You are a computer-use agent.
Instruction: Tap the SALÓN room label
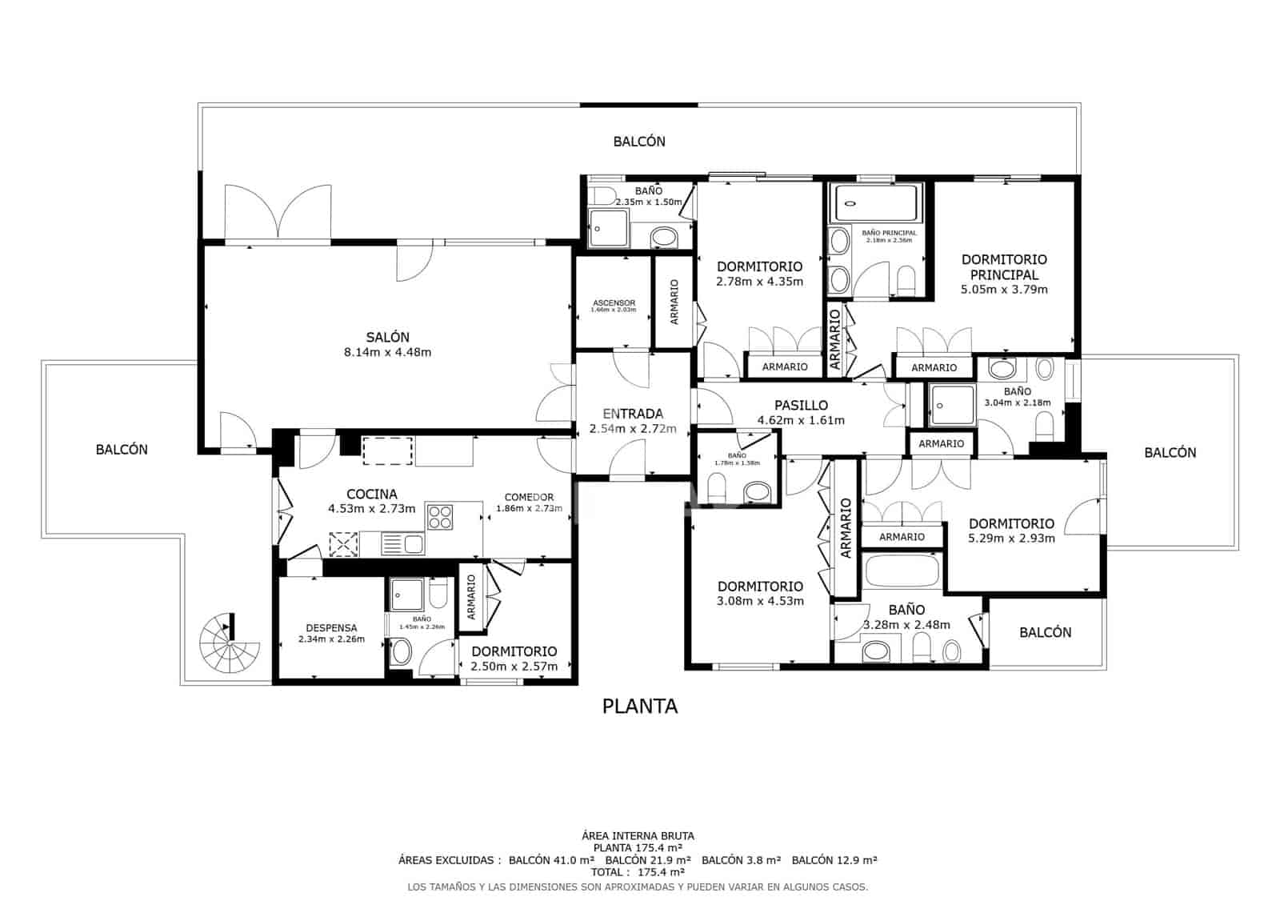[387, 338]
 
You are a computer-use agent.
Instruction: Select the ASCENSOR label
[614, 303]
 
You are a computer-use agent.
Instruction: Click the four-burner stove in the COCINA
[440, 517]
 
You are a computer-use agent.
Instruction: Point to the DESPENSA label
[331, 628]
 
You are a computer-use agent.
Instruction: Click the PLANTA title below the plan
[639, 706]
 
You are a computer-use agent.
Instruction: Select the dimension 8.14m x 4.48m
[387, 352]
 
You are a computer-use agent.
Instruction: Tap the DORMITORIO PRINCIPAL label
[1004, 266]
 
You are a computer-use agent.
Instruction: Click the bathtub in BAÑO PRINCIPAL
[878, 202]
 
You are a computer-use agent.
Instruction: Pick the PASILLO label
[801, 406]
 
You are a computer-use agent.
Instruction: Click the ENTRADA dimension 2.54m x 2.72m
[633, 429]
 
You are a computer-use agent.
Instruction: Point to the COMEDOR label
[529, 497]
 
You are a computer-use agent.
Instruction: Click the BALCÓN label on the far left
[122, 450]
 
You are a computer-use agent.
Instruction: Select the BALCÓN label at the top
[639, 142]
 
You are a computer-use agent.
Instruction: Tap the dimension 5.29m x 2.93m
[1011, 539]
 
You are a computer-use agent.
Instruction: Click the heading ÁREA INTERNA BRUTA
[638, 835]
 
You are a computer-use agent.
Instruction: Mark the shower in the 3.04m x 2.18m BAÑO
[951, 405]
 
